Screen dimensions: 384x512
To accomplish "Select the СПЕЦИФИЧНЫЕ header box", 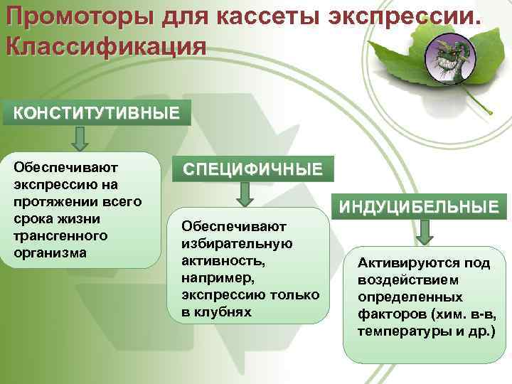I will tap(252, 170).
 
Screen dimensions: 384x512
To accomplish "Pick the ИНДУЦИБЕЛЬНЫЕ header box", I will tap(418, 207).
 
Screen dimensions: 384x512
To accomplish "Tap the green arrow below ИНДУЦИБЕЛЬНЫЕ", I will tap(425, 231).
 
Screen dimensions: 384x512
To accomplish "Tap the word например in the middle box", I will tap(215, 277).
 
